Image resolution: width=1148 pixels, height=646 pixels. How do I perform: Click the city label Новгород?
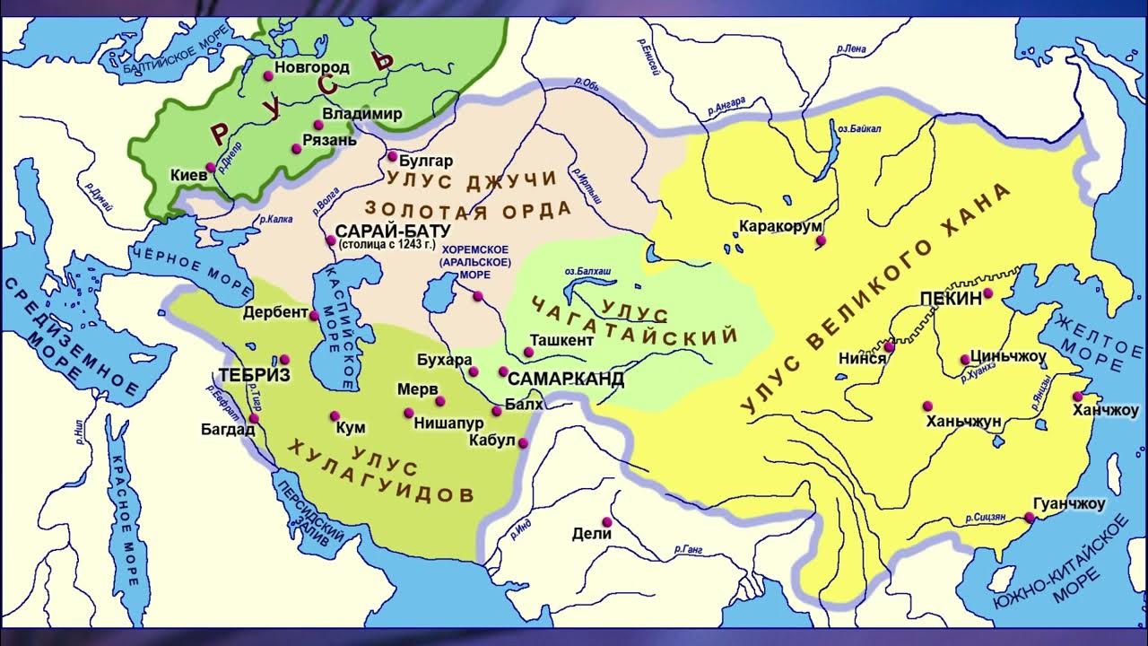312,67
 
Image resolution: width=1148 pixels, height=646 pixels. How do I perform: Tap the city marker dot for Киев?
211,167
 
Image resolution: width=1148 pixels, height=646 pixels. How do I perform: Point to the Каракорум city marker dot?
820,240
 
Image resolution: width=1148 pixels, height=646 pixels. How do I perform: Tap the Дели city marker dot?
607,521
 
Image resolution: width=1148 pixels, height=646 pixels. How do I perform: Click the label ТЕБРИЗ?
255,375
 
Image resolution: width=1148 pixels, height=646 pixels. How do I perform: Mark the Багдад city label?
228,429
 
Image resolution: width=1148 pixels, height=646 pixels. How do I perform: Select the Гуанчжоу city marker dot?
1030,517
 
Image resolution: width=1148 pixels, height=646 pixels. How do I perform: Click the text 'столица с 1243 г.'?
381,245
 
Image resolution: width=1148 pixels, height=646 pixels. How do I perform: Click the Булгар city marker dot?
392,156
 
